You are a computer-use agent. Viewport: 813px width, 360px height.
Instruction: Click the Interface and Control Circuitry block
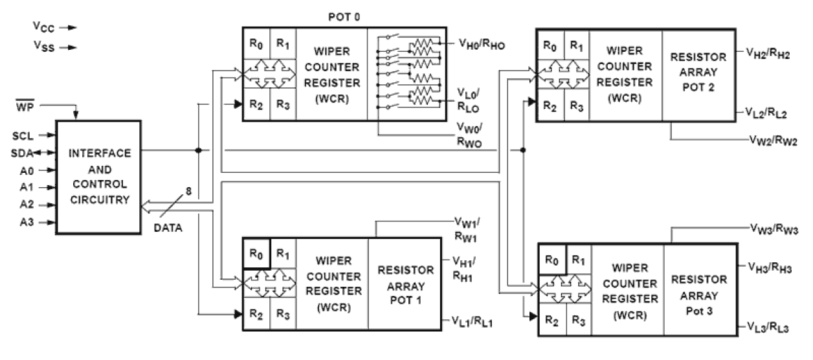pyautogui.click(x=98, y=177)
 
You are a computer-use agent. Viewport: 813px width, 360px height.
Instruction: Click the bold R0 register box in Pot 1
pyautogui.click(x=256, y=253)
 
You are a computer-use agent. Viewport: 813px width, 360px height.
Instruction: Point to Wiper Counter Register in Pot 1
pyautogui.click(x=333, y=284)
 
